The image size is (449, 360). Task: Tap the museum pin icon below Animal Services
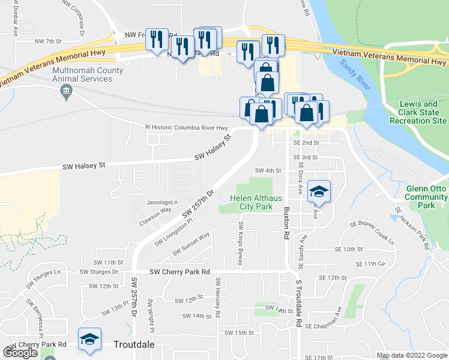click(66, 92)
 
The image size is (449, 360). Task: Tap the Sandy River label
click(353, 74)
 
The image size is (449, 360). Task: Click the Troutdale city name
click(134, 344)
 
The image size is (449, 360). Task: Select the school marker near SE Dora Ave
click(319, 192)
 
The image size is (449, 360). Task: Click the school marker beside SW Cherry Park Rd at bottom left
click(89, 340)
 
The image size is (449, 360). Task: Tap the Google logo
click(20, 353)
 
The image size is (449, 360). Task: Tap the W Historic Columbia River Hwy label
click(187, 127)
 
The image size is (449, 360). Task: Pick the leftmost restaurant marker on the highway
click(157, 40)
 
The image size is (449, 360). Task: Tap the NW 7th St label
click(49, 41)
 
